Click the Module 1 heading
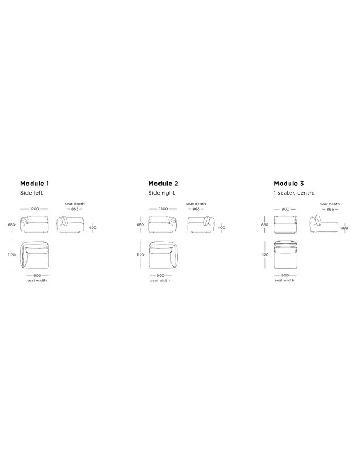click(x=35, y=184)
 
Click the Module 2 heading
click(x=163, y=184)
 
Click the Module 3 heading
click(x=289, y=184)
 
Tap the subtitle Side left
click(x=32, y=193)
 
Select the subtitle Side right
click(x=161, y=193)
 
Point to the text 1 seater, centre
click(x=294, y=193)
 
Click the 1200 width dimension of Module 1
click(x=35, y=209)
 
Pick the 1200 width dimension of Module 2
click(x=163, y=209)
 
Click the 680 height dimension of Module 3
click(x=264, y=224)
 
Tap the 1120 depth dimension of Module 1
click(x=12, y=255)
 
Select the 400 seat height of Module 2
click(x=221, y=227)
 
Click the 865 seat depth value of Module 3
click(x=330, y=210)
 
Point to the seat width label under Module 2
click(x=160, y=280)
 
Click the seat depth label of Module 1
click(x=75, y=204)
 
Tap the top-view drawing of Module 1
click(x=35, y=255)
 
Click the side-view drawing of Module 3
click(x=324, y=224)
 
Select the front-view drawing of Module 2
click(x=163, y=224)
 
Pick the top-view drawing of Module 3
click(x=286, y=255)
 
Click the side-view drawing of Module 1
click(x=70, y=224)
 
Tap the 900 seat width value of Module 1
click(x=37, y=276)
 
